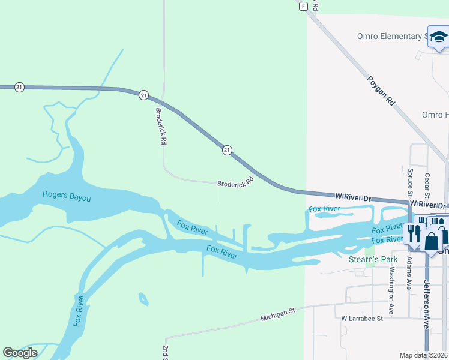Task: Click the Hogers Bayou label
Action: tap(66, 196)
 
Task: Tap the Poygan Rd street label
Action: tap(381, 91)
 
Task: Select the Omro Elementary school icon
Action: tap(438, 37)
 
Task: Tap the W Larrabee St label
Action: tap(362, 319)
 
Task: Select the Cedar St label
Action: tap(427, 185)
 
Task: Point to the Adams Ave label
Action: tap(409, 274)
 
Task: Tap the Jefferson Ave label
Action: tap(427, 304)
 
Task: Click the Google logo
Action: tap(20, 352)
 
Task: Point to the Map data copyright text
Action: tap(424, 355)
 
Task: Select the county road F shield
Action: tap(304, 6)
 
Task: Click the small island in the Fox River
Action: tap(143, 298)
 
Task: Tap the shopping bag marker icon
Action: tap(431, 241)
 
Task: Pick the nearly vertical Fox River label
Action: tap(79, 311)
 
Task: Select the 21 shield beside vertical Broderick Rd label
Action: tap(143, 95)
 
